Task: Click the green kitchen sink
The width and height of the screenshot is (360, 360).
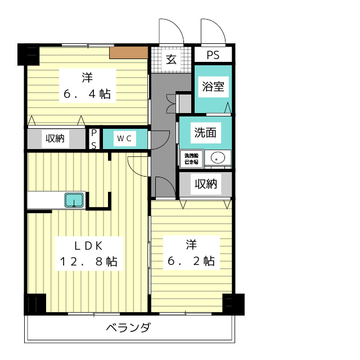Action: pos(74,200)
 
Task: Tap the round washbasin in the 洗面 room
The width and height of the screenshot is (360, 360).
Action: pos(217,158)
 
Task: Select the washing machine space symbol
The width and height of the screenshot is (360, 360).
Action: pos(191,159)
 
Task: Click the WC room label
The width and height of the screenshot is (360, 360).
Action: pos(124,138)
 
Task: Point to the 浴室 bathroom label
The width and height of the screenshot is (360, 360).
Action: pos(213,87)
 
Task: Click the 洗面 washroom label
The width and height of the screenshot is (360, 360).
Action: pos(205,133)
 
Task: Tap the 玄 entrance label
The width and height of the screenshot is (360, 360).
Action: pos(171,59)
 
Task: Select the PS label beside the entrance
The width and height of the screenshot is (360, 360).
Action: pos(213,56)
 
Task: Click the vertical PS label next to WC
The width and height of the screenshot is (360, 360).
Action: pos(94,138)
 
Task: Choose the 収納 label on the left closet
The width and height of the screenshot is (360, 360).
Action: pos(55,138)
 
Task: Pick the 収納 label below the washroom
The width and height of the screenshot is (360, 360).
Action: pos(205,184)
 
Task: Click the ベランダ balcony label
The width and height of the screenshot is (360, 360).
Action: pos(128,328)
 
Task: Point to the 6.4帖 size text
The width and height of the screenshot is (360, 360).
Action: pos(87,94)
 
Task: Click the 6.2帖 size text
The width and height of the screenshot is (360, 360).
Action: pos(191,261)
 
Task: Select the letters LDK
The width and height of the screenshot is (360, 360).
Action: pos(89,245)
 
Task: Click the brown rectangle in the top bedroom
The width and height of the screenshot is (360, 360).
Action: pos(128,53)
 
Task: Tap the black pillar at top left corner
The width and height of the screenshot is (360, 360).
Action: pos(28,55)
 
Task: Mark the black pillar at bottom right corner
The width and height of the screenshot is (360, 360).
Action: pos(233,304)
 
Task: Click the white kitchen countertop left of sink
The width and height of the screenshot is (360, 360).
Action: pos(45,200)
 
